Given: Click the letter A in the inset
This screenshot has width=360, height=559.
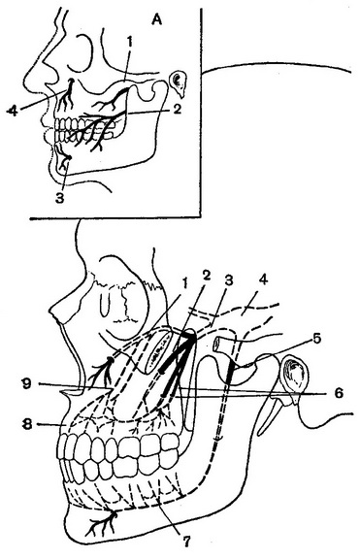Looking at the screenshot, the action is tap(156, 20).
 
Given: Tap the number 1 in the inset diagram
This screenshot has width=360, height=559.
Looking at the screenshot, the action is tap(130, 42).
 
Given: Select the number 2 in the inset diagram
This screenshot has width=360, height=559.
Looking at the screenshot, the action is tap(178, 109).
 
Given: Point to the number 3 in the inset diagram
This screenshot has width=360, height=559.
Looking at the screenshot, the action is tap(59, 198).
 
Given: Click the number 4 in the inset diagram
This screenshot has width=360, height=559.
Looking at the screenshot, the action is tap(12, 111).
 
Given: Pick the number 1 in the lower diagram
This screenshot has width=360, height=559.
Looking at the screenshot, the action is tap(184, 284).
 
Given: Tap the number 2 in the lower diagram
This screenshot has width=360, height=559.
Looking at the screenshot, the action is tap(206, 275).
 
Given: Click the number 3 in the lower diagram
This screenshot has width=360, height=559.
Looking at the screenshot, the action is tap(228, 280).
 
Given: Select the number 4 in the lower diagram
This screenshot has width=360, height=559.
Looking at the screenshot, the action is tap(263, 279).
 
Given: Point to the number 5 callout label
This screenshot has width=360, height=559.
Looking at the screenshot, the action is tap(317, 338).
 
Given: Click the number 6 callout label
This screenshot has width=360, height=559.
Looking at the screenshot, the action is tap(339, 393).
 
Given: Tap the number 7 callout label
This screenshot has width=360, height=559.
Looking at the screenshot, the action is tap(185, 542).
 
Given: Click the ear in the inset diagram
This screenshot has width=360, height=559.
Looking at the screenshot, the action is tap(178, 83).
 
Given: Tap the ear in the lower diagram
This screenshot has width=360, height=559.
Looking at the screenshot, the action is tap(294, 378).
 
